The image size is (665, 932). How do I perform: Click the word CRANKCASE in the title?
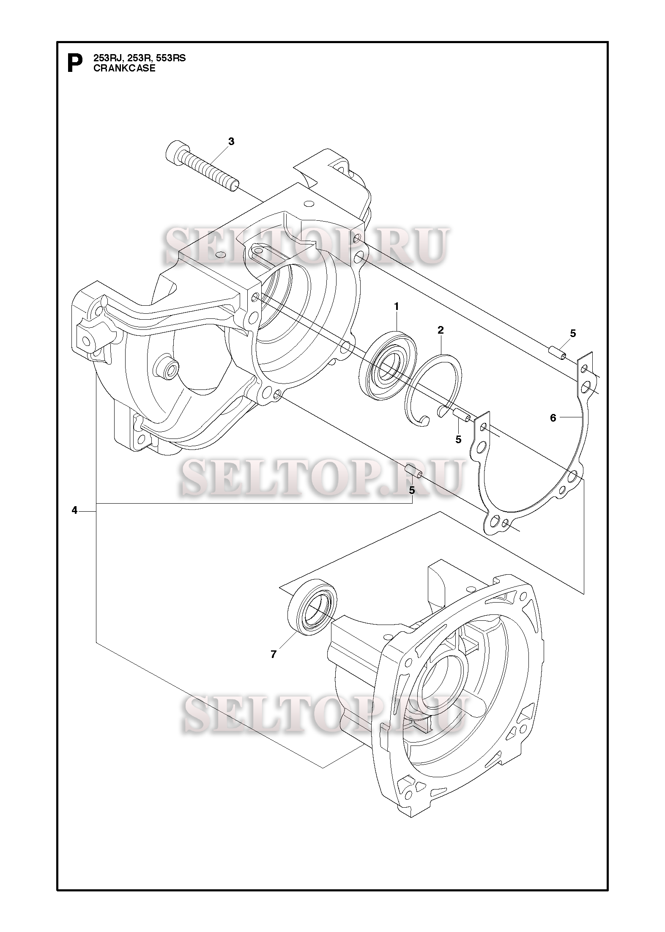pyautogui.click(x=124, y=68)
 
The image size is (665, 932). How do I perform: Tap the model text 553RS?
pyautogui.click(x=171, y=58)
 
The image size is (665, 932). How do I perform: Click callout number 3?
pyautogui.click(x=231, y=142)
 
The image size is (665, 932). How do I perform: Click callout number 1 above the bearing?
pyautogui.click(x=397, y=306)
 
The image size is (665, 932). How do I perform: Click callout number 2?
pyautogui.click(x=441, y=330)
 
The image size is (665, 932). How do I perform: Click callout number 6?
pyautogui.click(x=553, y=418)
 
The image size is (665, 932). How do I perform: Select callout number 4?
pyautogui.click(x=74, y=511)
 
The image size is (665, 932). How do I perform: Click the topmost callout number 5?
pyautogui.click(x=573, y=333)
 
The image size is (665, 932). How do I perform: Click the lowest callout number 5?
pyautogui.click(x=411, y=490)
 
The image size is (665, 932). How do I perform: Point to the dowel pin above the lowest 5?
pyautogui.click(x=413, y=471)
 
